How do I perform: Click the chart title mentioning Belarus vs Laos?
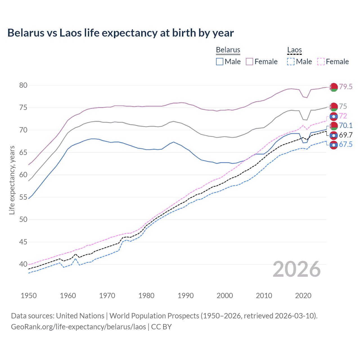click(120, 33)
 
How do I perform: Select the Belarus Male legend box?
click(220, 62)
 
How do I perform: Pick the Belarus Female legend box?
click(249, 62)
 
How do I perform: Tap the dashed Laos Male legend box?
click(291, 62)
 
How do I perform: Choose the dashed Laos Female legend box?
click(321, 62)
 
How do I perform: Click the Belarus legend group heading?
click(228, 50)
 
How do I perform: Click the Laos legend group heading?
click(294, 50)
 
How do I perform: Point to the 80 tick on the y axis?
click(23, 85)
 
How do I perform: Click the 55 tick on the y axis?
click(23, 197)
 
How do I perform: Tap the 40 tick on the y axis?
click(23, 264)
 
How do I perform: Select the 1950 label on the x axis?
click(29, 296)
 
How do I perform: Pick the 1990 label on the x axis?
click(186, 296)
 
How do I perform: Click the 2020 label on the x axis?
click(303, 296)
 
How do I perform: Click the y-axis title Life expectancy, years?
click(12, 180)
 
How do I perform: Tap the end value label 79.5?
click(346, 87)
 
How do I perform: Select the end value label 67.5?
click(346, 145)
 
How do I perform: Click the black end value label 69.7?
click(346, 135)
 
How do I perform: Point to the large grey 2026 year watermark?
click(296, 269)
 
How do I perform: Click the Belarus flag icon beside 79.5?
click(334, 87)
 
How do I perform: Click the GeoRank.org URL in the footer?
click(78, 327)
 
